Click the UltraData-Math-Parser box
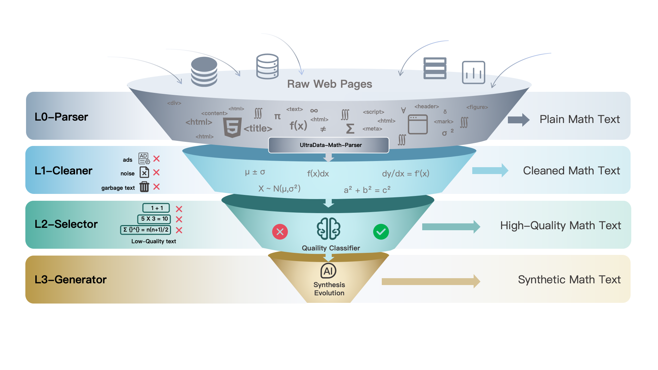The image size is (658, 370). pos(329,145)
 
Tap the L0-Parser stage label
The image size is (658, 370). pos(61,117)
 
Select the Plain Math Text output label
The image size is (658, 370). pos(580,119)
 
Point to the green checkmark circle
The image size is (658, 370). pos(381,232)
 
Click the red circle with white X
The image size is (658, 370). pos(280,232)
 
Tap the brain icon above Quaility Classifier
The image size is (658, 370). pos(328,229)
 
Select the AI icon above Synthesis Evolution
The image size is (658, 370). pos(328,271)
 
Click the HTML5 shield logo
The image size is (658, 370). pos(232,127)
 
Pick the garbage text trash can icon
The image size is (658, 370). pos(144,187)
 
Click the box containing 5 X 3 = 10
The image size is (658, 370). pos(154,219)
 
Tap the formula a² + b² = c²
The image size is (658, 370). pos(367,190)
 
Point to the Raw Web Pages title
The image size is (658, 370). pos(329,84)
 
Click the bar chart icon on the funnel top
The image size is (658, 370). pos(473,72)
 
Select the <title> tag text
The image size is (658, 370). pos(258,128)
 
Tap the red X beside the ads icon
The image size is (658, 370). pos(157,159)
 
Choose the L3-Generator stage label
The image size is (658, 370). pos(71,280)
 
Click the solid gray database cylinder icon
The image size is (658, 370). pos(204,72)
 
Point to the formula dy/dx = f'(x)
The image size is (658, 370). pos(405,174)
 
